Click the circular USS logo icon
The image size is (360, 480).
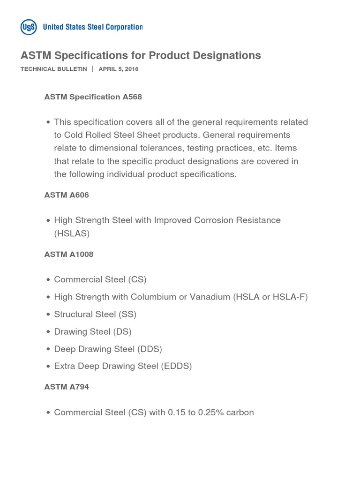pyautogui.click(x=29, y=27)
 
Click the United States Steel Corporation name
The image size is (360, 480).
pyautogui.click(x=92, y=27)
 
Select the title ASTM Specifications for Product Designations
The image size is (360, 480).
pyautogui.click(x=141, y=55)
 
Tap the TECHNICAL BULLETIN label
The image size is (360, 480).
pyautogui.click(x=54, y=69)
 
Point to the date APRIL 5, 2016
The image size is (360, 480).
pyautogui.click(x=118, y=69)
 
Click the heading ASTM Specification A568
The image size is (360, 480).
pyautogui.click(x=93, y=97)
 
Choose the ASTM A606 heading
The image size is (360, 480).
pyautogui.click(x=67, y=195)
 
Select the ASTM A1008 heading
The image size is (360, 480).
pyautogui.click(x=69, y=255)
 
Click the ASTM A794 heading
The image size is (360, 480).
pyautogui.click(x=67, y=387)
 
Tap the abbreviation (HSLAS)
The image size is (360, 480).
pyautogui.click(x=72, y=233)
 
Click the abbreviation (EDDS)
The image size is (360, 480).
pyautogui.click(x=176, y=366)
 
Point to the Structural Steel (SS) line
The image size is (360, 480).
pyautogui.click(x=95, y=314)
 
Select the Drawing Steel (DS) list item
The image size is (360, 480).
pyautogui.click(x=93, y=331)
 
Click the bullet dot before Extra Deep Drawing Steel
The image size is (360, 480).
pyautogui.click(x=48, y=367)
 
